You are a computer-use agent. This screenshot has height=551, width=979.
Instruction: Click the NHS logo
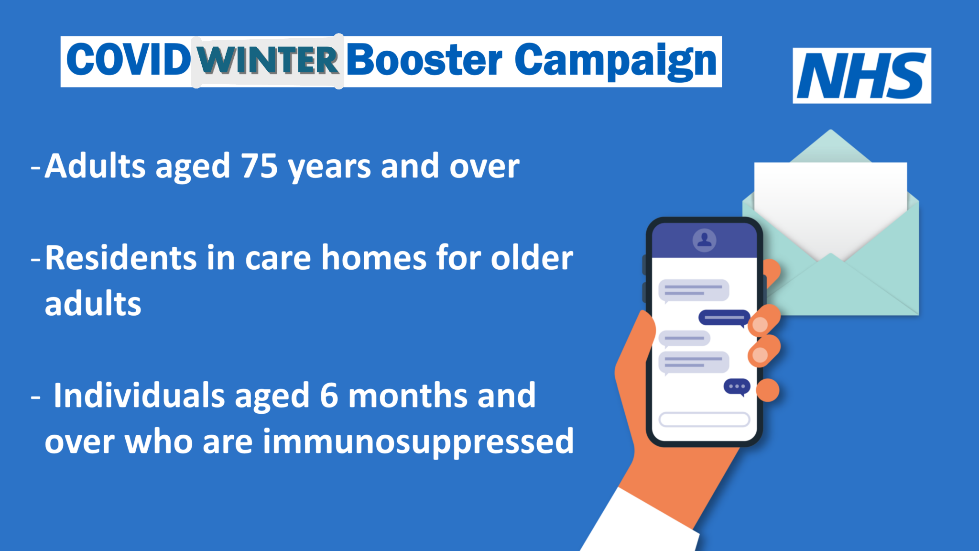coord(861,76)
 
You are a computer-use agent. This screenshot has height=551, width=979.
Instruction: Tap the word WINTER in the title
coord(268,61)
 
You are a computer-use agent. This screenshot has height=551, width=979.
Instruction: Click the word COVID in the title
coord(128,60)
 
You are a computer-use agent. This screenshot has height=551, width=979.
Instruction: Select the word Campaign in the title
coord(616,61)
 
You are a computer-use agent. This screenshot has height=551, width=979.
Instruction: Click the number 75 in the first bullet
coord(259,166)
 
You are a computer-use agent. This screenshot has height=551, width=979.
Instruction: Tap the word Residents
coord(121,258)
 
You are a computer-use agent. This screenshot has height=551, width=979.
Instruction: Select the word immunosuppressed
coord(418,442)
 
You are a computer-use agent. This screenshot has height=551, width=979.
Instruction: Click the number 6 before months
coord(329,396)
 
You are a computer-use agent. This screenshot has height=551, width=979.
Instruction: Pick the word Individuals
coord(139,396)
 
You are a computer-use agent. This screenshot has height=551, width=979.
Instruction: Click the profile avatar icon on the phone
coord(705,240)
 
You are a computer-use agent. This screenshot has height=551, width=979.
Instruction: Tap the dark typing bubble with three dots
coord(737,387)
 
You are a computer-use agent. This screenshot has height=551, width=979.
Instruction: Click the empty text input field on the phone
coord(704,419)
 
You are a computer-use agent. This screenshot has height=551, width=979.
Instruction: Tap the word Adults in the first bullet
coord(95,166)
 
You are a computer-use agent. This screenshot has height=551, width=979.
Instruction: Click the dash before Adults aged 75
coord(35,168)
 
